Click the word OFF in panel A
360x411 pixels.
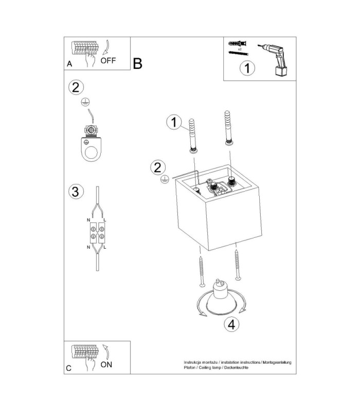(108, 61)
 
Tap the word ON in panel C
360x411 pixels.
(106, 364)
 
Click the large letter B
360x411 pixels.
(137, 63)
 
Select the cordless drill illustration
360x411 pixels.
(274, 60)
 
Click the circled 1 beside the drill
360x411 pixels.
(247, 68)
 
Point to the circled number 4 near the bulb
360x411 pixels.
(231, 325)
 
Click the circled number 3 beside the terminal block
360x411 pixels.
(76, 192)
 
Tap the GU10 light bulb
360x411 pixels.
(220, 297)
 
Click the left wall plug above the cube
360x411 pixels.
(193, 136)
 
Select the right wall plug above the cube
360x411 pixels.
(228, 128)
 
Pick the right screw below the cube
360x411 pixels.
(238, 265)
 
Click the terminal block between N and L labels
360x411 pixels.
(97, 233)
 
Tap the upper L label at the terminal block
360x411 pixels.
(105, 220)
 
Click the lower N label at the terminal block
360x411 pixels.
(88, 247)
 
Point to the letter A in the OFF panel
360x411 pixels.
(69, 64)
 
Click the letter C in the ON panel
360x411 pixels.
(69, 368)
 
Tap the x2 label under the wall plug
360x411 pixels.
(240, 49)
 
